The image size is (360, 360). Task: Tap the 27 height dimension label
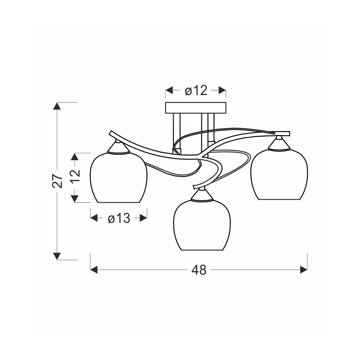pyautogui.click(x=58, y=181)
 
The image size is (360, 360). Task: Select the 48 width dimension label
pyautogui.click(x=199, y=270)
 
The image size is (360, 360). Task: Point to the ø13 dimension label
pyautogui.click(x=119, y=218)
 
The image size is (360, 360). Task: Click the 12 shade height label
pyautogui.click(x=75, y=176)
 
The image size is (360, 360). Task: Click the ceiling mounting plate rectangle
pyautogui.click(x=195, y=108)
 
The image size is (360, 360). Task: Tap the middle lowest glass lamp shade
pyautogui.click(x=202, y=225)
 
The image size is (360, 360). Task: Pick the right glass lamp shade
pyautogui.click(x=279, y=174)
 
